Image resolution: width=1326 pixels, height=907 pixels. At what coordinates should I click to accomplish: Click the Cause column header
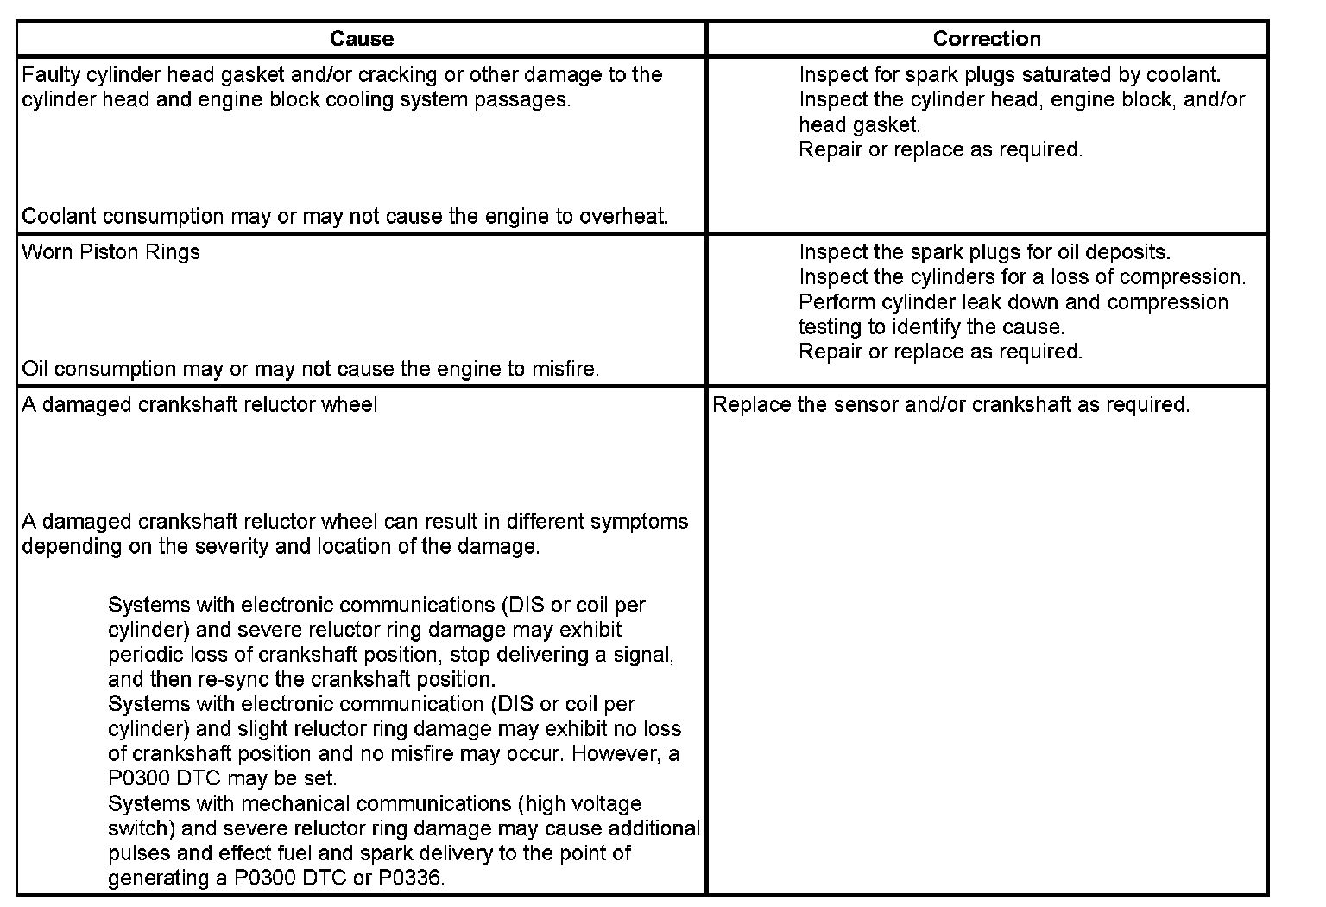pyautogui.click(x=362, y=39)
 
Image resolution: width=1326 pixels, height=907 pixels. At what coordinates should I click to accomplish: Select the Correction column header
pyautogui.click(x=987, y=39)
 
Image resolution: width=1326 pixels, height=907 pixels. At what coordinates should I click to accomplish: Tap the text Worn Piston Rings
pyautogui.click(x=110, y=252)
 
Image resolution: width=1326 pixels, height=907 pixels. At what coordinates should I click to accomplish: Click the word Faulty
pyautogui.click(x=51, y=75)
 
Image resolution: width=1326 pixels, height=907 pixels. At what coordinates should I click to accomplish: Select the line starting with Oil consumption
pyautogui.click(x=310, y=370)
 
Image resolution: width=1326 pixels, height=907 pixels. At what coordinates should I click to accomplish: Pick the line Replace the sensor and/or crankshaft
pyautogui.click(x=950, y=405)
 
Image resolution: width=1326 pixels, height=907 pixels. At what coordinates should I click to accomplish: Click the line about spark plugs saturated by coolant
pyautogui.click(x=1009, y=75)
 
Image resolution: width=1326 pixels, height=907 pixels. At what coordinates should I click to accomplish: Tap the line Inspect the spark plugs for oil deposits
pyautogui.click(x=984, y=252)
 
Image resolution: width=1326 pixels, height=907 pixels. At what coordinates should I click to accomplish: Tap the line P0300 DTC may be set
pyautogui.click(x=223, y=778)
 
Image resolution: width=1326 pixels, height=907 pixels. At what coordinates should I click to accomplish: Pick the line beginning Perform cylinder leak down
pyautogui.click(x=1013, y=302)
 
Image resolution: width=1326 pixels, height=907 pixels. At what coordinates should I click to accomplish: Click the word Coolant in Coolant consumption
pyautogui.click(x=58, y=217)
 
